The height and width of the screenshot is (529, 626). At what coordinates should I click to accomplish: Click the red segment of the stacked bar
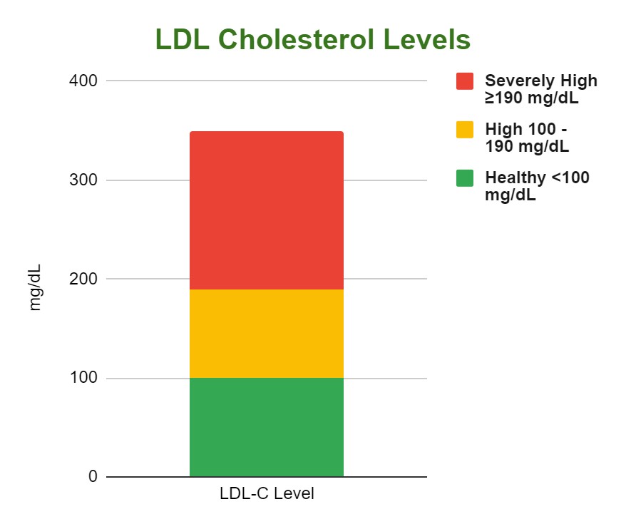click(x=266, y=210)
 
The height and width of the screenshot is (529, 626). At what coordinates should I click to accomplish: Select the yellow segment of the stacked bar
click(x=266, y=334)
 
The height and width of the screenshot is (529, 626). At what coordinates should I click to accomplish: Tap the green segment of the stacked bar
click(x=266, y=427)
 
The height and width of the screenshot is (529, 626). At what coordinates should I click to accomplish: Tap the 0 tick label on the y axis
click(x=93, y=476)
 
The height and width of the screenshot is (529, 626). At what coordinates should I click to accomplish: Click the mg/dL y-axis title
click(x=35, y=287)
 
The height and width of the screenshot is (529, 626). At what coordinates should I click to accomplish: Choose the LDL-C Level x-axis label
click(x=266, y=493)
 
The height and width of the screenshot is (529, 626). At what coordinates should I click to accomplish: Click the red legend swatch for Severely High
click(x=465, y=81)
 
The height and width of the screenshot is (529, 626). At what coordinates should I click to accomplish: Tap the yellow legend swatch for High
click(x=465, y=130)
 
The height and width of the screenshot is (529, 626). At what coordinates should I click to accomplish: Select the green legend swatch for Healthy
click(x=465, y=178)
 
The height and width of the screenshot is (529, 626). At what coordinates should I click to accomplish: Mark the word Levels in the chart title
click(x=431, y=40)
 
